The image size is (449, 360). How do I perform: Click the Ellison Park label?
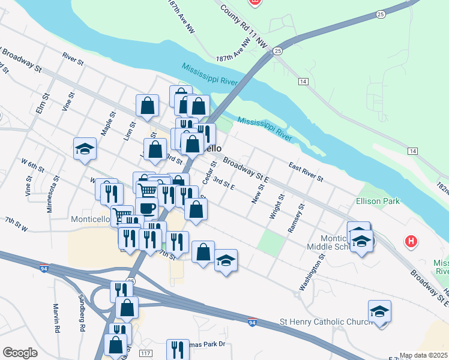click(378, 202)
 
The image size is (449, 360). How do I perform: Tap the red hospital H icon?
click(411, 242)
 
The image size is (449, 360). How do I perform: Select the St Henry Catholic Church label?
click(326, 322)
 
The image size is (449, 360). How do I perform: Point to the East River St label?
click(306, 171)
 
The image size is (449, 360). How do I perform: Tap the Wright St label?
click(277, 206)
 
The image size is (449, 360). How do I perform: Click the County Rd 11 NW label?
click(243, 27)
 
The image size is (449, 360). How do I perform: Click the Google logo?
click(20, 353)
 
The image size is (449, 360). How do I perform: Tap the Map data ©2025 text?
click(423, 355)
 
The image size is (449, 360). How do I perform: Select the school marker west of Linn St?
click(85, 149)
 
